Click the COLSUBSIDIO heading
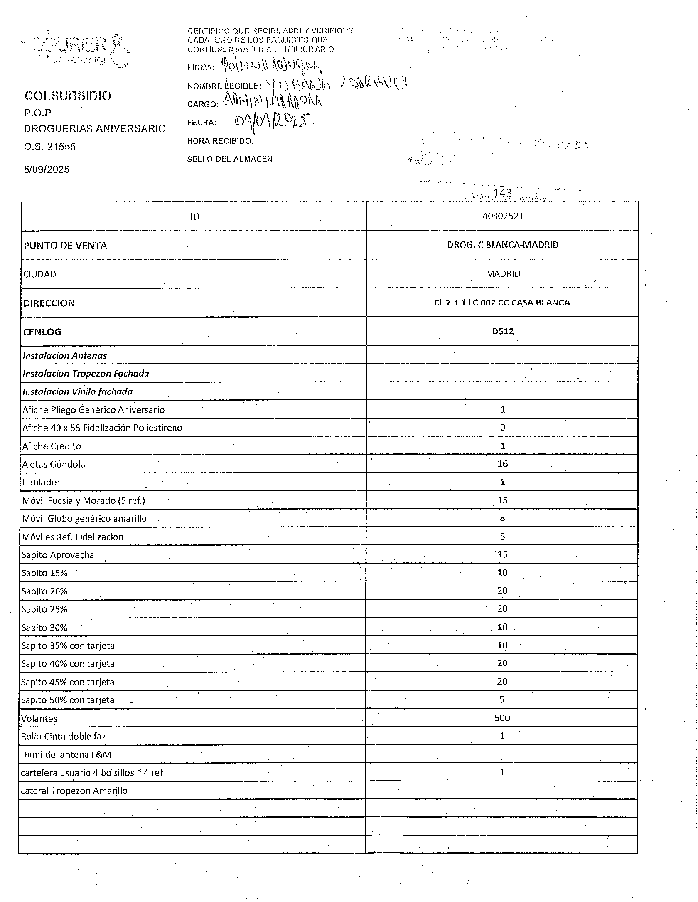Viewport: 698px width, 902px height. coord(68,96)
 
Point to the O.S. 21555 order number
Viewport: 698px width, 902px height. coord(50,146)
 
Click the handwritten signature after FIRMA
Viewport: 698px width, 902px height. coord(271,65)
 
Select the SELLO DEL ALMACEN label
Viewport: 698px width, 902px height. coord(230,159)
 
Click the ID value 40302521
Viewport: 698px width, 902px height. coord(502,216)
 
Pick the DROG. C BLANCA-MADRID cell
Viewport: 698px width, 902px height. coord(502,245)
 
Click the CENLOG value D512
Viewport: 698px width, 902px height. coord(502,331)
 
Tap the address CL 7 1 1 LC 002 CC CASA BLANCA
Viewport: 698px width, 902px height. coord(502,302)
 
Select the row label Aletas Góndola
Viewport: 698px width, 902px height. coord(53,464)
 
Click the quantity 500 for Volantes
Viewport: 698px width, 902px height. coord(502,718)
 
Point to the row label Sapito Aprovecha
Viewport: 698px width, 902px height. coord(58,555)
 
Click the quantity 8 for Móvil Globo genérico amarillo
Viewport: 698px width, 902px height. coord(502,518)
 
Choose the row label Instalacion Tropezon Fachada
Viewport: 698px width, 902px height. coord(86,373)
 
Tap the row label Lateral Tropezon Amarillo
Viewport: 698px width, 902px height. coord(74,791)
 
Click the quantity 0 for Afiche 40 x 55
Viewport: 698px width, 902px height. coord(502,428)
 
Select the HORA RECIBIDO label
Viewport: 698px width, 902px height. coord(220,141)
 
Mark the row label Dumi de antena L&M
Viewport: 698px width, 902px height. coord(66,754)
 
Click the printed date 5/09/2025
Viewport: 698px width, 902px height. coord(47,170)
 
